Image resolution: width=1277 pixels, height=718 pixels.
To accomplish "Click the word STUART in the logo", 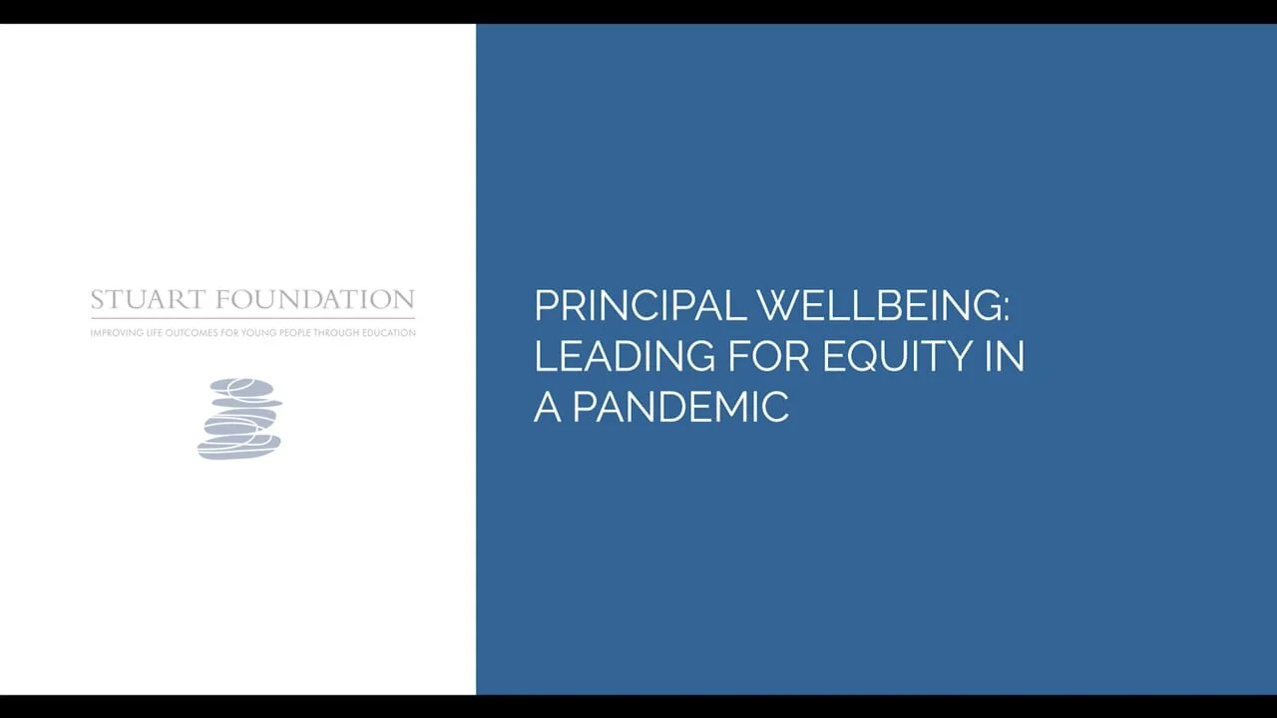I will point(149,300).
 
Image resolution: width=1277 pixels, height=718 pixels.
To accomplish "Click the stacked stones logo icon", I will point(239,419).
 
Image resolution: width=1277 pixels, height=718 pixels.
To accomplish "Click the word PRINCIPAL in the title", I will point(639,306).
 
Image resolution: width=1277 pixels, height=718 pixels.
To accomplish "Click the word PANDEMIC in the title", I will point(680,408).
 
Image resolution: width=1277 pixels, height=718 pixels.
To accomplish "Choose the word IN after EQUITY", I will point(1005,357).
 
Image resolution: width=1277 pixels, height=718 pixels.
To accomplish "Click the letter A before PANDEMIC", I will point(547,408).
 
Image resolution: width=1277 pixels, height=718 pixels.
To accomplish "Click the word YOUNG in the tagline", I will point(246,333).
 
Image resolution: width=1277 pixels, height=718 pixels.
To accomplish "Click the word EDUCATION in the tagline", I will point(392,333).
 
